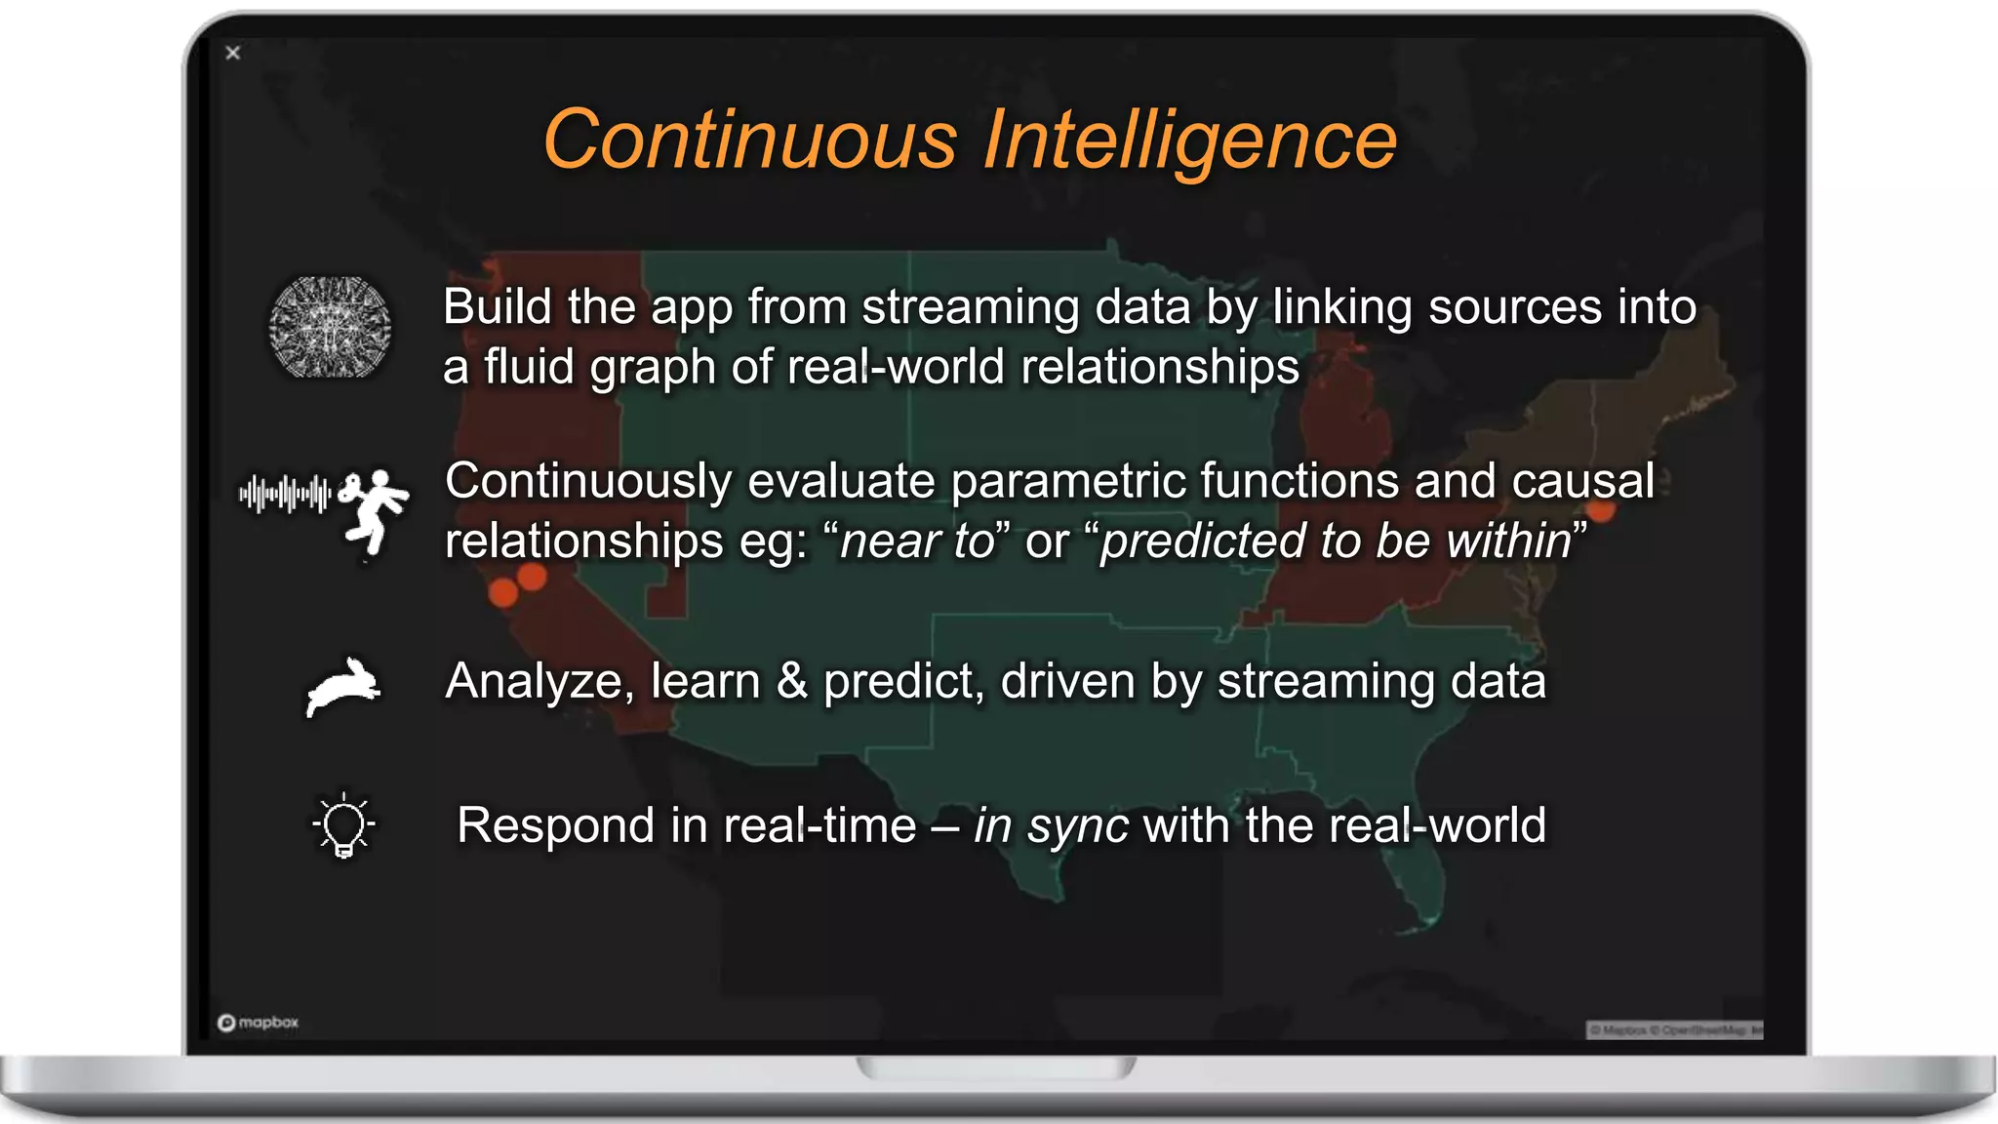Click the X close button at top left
[232, 53]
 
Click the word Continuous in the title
[749, 140]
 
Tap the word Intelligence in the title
[1190, 140]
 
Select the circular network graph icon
[330, 327]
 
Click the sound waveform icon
[285, 494]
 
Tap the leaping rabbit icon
[342, 687]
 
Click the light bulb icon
[343, 825]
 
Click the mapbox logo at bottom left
[258, 1023]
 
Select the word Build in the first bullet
[498, 306]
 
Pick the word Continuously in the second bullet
[588, 481]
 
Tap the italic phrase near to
[917, 542]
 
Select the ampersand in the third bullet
[791, 681]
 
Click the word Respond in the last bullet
[555, 825]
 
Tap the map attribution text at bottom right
[1674, 1030]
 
